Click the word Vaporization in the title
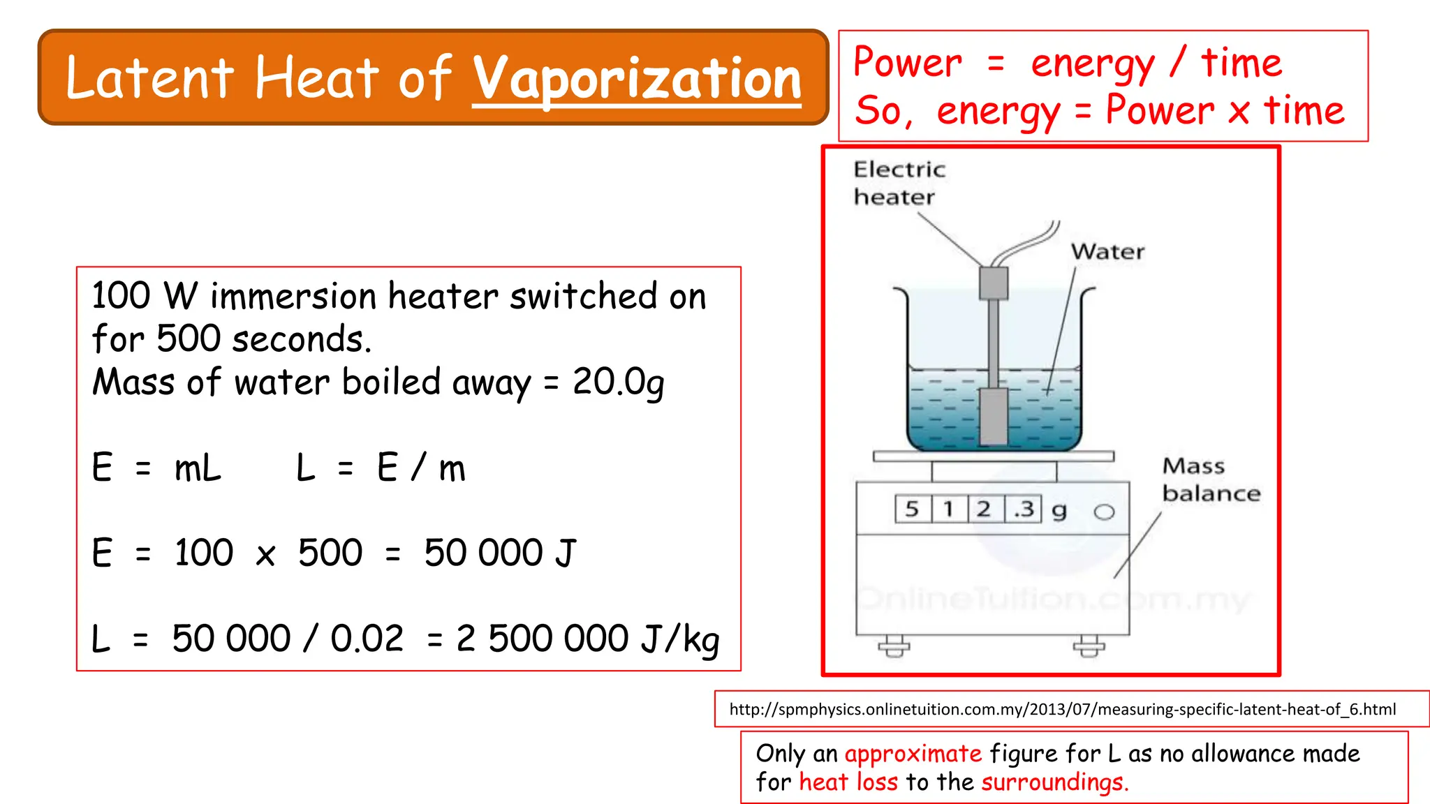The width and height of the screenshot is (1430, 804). pos(637,79)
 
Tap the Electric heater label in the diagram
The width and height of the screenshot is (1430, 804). pos(899,183)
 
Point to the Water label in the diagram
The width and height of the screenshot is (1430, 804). pos(1107,252)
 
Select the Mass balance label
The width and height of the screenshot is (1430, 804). pos(1211,479)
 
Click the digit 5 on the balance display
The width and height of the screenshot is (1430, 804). pos(912,509)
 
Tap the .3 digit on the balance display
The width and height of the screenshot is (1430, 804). pos(1024,509)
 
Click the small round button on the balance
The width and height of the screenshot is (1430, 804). pos(1104,512)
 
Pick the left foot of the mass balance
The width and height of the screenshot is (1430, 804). pos(894,646)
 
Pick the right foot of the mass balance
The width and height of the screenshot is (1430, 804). pos(1089,646)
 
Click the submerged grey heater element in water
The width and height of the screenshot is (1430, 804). pos(993,416)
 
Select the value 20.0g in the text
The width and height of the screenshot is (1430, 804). pos(618,382)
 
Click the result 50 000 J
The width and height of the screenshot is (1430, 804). pos(500,553)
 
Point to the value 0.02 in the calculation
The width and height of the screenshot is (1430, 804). pos(367,638)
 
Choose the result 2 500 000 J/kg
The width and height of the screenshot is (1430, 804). pos(587,638)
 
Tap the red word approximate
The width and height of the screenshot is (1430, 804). pos(913,754)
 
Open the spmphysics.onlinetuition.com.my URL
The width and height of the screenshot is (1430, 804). pos(1062,709)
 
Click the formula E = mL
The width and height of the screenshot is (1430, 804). pos(156,468)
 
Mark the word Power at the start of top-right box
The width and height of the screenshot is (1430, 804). pos(907,63)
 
